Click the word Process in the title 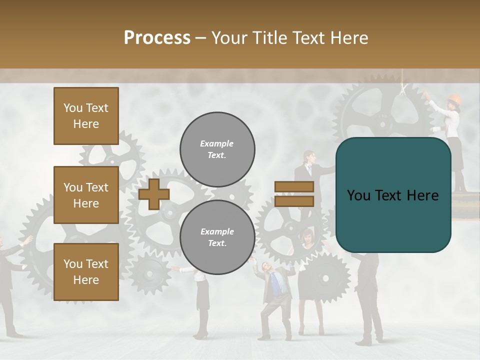tap(157, 38)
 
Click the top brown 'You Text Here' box tap(86, 116)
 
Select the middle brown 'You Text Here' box tap(86, 195)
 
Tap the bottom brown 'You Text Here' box tap(86, 271)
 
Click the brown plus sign tap(153, 194)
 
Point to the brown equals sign tap(294, 194)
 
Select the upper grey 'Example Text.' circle tap(217, 149)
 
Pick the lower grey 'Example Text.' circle tap(217, 237)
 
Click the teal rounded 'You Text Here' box tap(393, 195)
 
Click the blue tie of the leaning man tap(275, 285)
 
